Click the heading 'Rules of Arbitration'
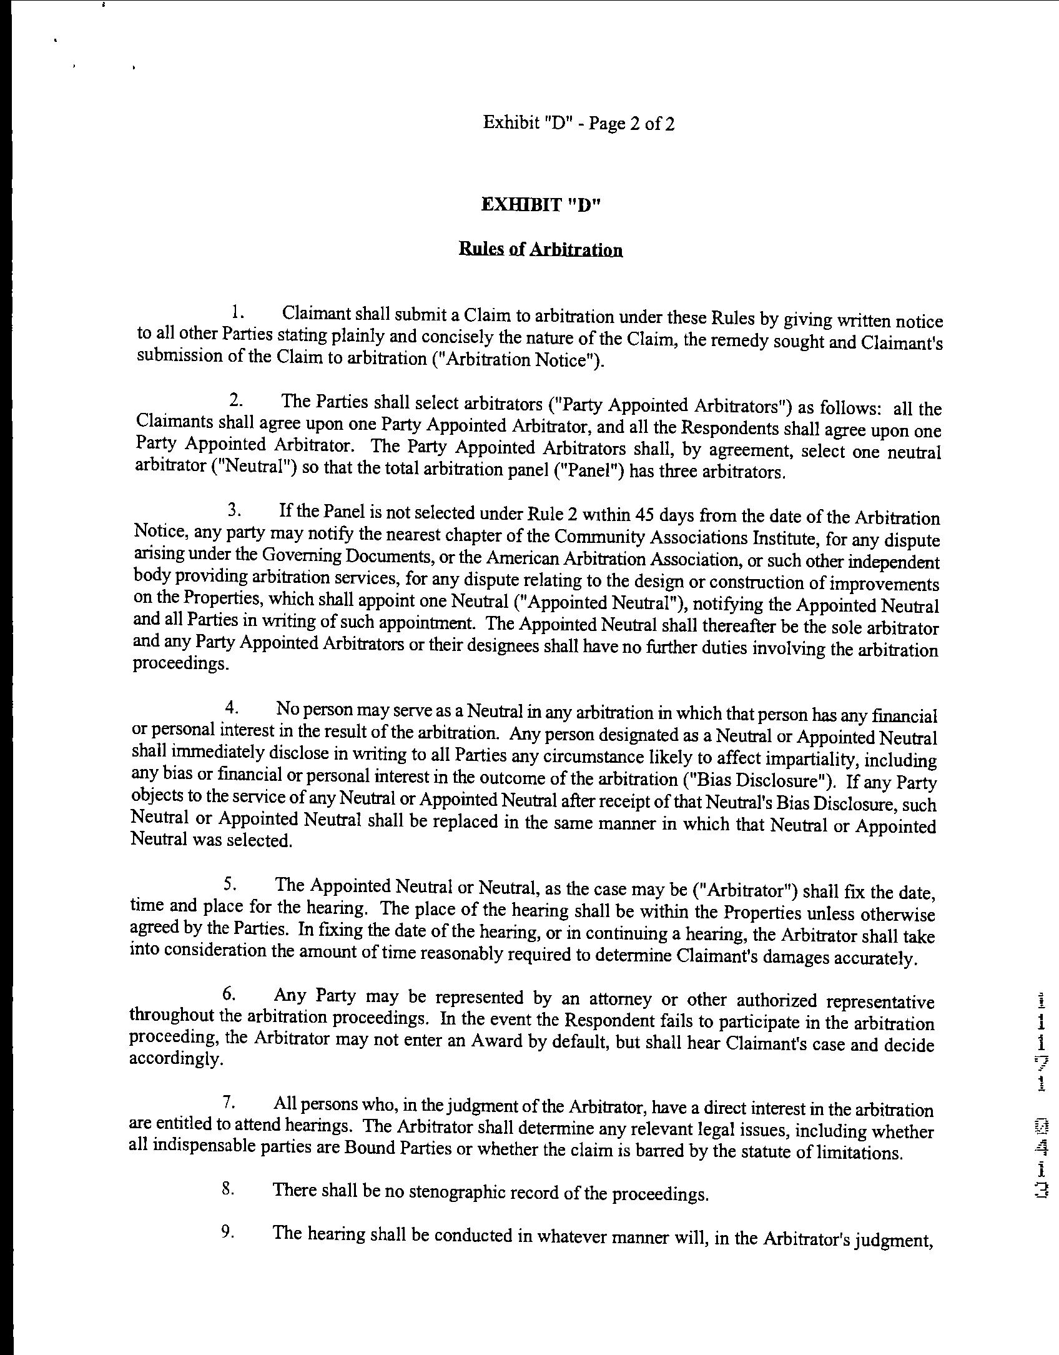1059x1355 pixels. [x=541, y=250]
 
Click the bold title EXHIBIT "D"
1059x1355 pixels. [x=541, y=205]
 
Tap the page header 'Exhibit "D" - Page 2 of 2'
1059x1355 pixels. [x=579, y=123]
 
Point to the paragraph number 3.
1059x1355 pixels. [x=234, y=511]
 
